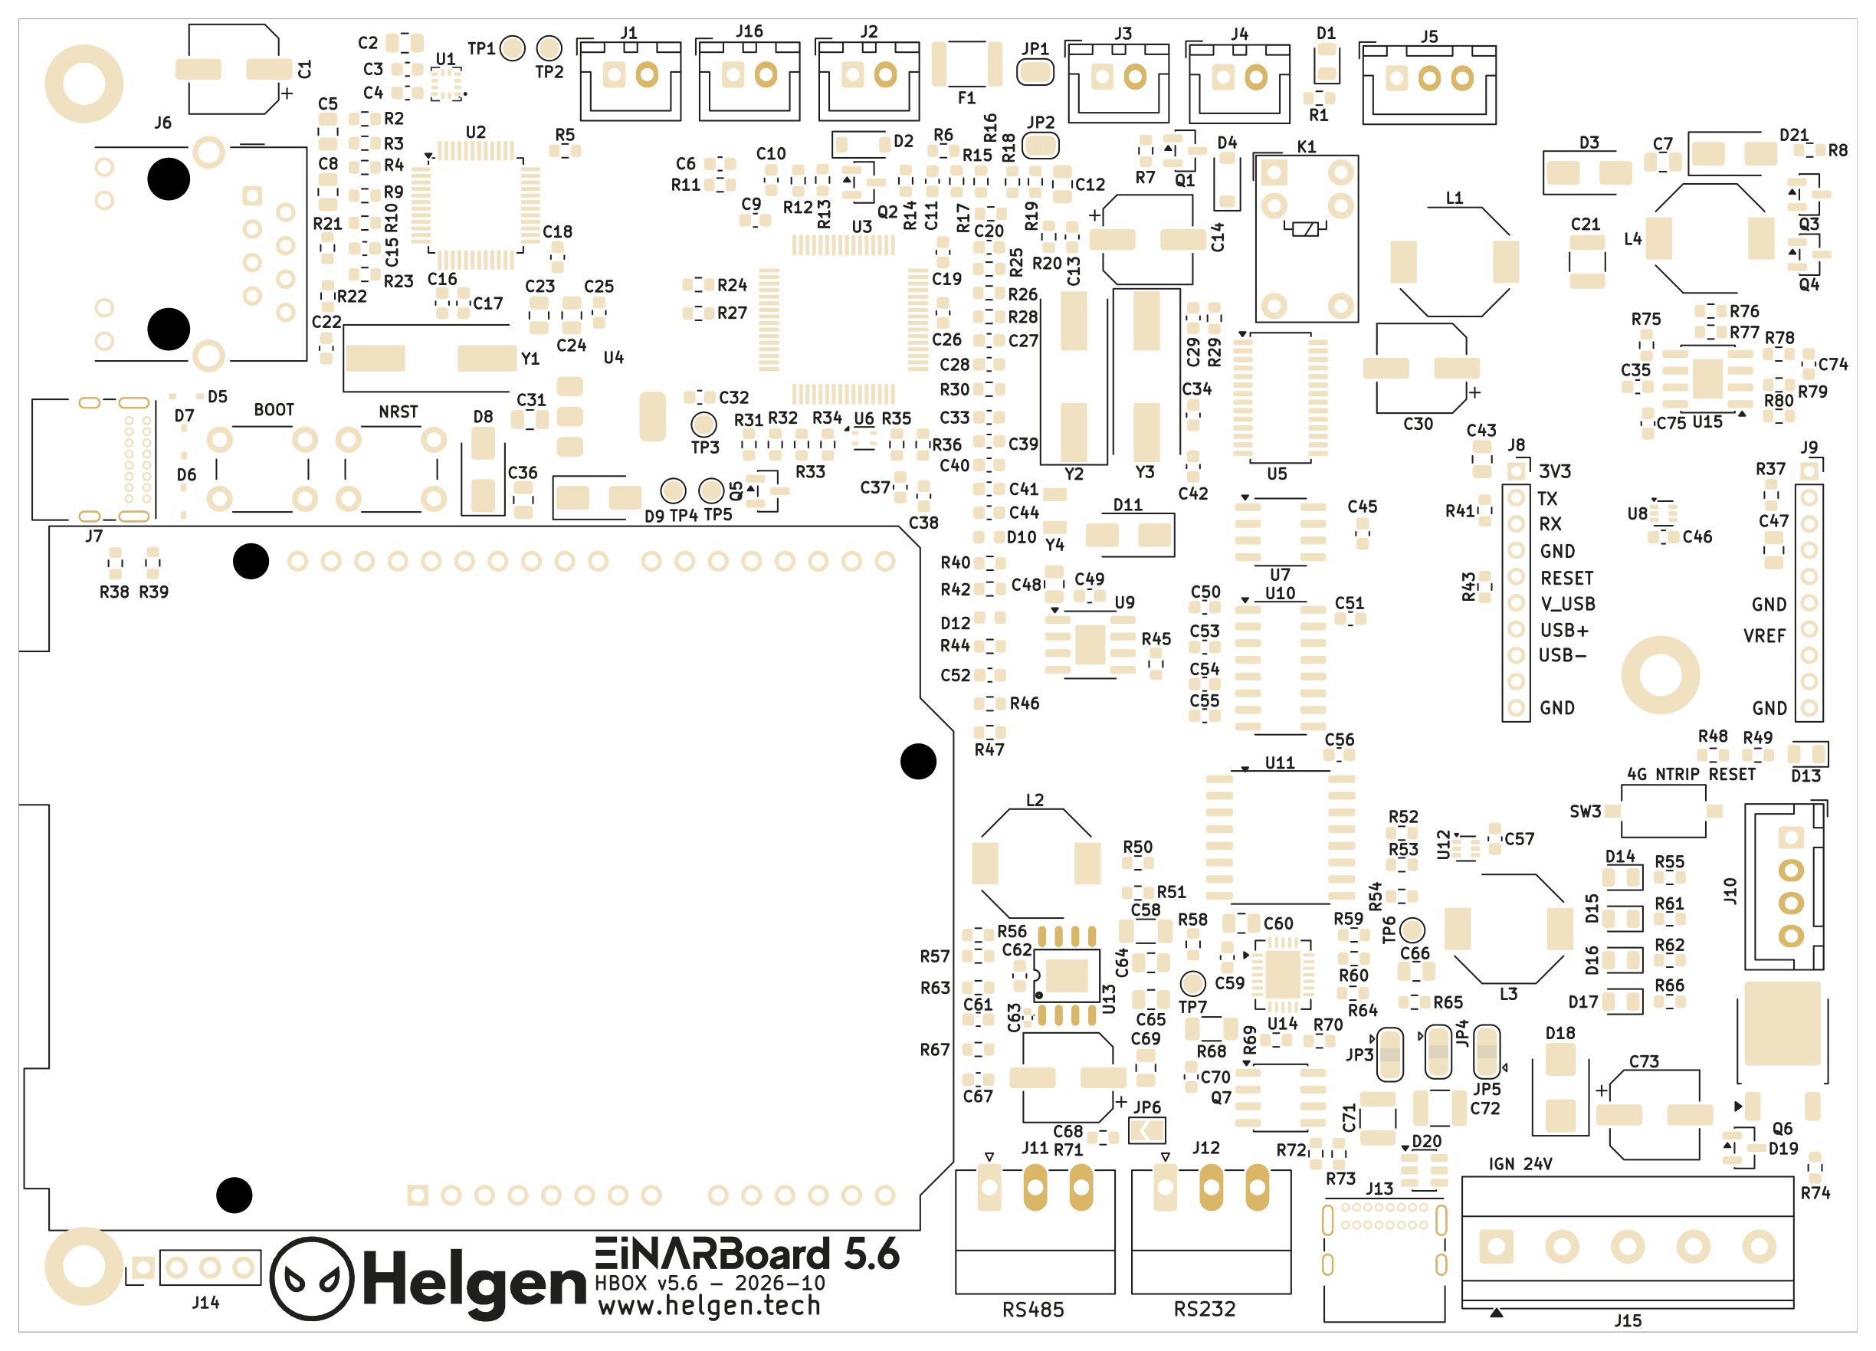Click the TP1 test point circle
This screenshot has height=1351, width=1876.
[512, 48]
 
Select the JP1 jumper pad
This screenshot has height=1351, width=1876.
[1035, 72]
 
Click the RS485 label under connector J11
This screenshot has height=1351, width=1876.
[1032, 1310]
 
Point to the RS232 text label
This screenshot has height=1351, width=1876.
[1205, 1309]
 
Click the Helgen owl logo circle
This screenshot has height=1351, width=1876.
[312, 1278]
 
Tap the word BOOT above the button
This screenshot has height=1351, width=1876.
[274, 409]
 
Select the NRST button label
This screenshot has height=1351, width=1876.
[398, 412]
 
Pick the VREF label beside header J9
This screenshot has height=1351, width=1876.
[1764, 635]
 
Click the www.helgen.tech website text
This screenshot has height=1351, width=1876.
[709, 1306]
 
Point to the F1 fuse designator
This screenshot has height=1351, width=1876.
[966, 97]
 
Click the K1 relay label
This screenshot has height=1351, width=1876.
[1306, 146]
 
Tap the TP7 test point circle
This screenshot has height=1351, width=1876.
[1192, 983]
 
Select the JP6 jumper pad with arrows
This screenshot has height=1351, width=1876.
[1147, 1130]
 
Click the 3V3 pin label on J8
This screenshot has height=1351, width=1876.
[1554, 471]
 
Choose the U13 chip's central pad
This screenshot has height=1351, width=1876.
[1066, 976]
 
